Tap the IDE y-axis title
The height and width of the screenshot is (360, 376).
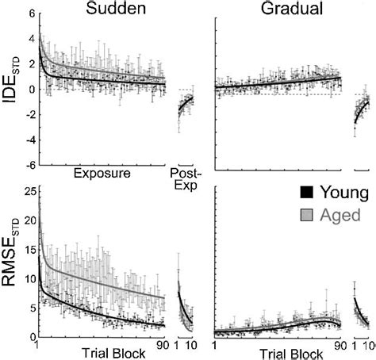[12, 89]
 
